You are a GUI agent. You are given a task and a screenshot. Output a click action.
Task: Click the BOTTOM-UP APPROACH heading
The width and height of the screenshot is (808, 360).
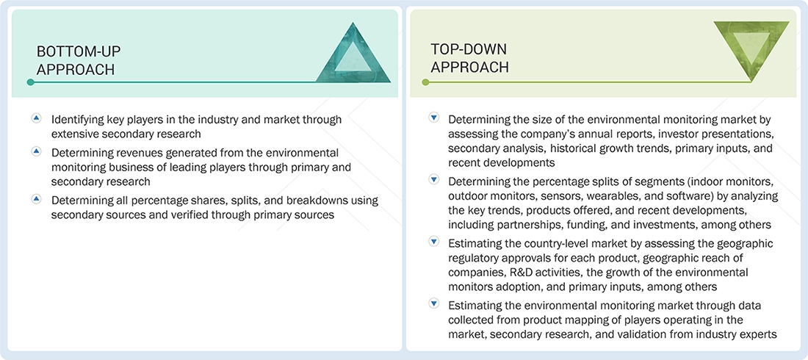(79, 60)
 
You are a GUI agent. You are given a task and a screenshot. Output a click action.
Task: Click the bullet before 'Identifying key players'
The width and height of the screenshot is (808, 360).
(36, 118)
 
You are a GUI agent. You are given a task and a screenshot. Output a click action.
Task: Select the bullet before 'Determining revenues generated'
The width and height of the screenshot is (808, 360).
(36, 152)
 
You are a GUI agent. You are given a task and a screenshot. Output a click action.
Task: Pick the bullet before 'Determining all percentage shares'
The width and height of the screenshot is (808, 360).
(36, 199)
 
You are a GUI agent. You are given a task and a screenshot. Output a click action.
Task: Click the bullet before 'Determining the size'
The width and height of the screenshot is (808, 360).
(433, 118)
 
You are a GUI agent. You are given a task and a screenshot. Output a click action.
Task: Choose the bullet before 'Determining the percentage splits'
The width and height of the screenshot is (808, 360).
(433, 181)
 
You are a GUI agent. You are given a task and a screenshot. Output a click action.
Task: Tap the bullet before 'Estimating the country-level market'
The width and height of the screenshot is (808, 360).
(433, 243)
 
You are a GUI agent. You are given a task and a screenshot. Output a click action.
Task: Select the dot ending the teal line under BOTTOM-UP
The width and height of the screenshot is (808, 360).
(30, 82)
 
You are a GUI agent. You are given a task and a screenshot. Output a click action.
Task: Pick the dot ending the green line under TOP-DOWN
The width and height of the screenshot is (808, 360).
(425, 82)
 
